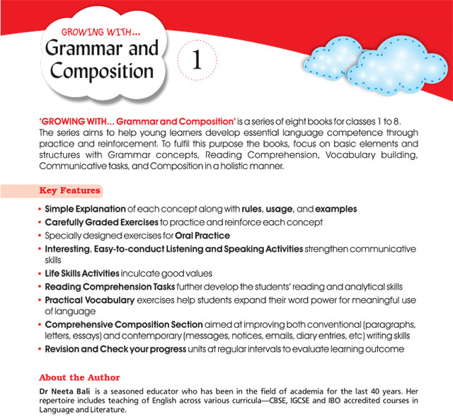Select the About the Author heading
[79, 377]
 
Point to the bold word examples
[336, 209]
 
